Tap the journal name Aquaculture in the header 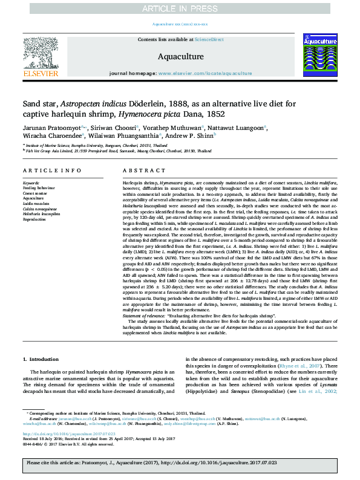(180, 57)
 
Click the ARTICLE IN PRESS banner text (180, 8)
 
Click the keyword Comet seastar (36, 192)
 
